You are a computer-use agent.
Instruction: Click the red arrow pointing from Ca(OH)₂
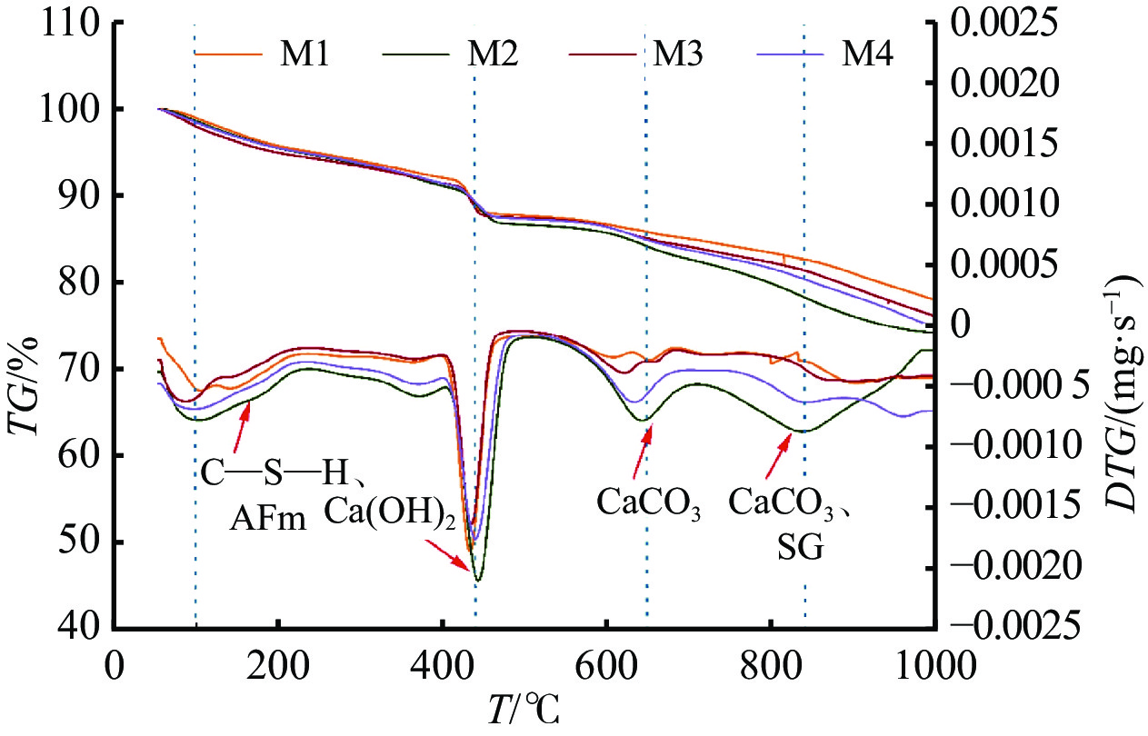pos(448,556)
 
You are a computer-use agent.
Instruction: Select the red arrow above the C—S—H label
pos(240,428)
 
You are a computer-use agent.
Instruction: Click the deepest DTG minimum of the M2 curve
pos(477,579)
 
